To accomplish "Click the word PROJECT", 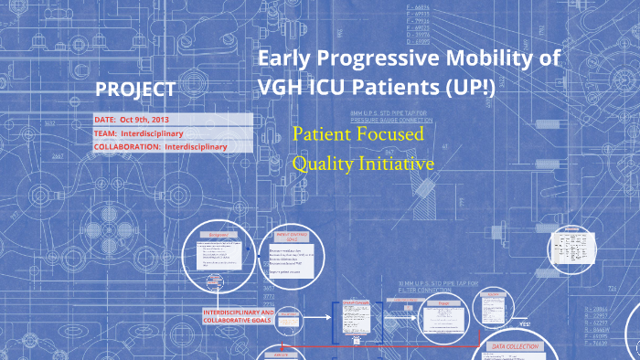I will click(x=135, y=90).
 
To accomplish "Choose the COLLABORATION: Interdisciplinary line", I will click(x=160, y=146).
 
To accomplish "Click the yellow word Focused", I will click(x=390, y=134).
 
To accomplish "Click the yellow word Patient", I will click(x=321, y=134).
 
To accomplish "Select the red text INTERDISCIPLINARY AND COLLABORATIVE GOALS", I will click(x=240, y=316).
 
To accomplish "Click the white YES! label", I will click(x=525, y=323).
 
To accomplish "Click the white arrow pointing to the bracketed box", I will click(x=313, y=317).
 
